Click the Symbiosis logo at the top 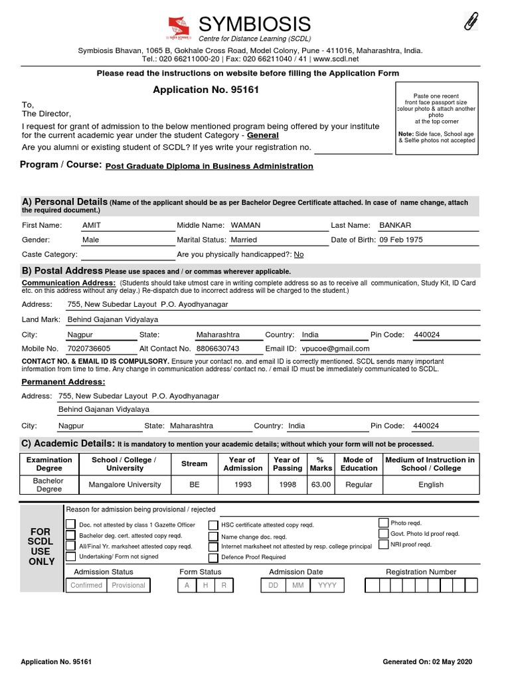[178, 29]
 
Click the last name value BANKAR [395, 225]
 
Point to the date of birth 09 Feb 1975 [400, 240]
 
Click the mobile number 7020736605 [89, 348]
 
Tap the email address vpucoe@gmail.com [335, 348]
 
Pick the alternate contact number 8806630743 [217, 348]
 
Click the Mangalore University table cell [126, 485]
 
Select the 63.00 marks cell [321, 485]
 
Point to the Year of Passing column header [287, 464]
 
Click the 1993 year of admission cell [243, 485]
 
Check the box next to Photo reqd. [384, 523]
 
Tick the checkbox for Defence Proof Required [212, 557]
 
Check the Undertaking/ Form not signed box [70, 557]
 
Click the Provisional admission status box [128, 585]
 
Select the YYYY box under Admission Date [327, 585]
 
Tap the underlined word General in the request [263, 135]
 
